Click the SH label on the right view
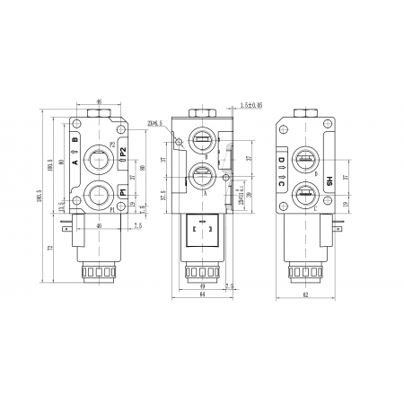click(x=329, y=180)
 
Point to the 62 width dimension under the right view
click(x=307, y=294)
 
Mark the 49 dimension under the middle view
click(x=204, y=285)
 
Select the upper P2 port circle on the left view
click(x=96, y=161)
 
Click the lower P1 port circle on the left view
click(x=96, y=193)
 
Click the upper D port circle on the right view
click(x=306, y=161)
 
